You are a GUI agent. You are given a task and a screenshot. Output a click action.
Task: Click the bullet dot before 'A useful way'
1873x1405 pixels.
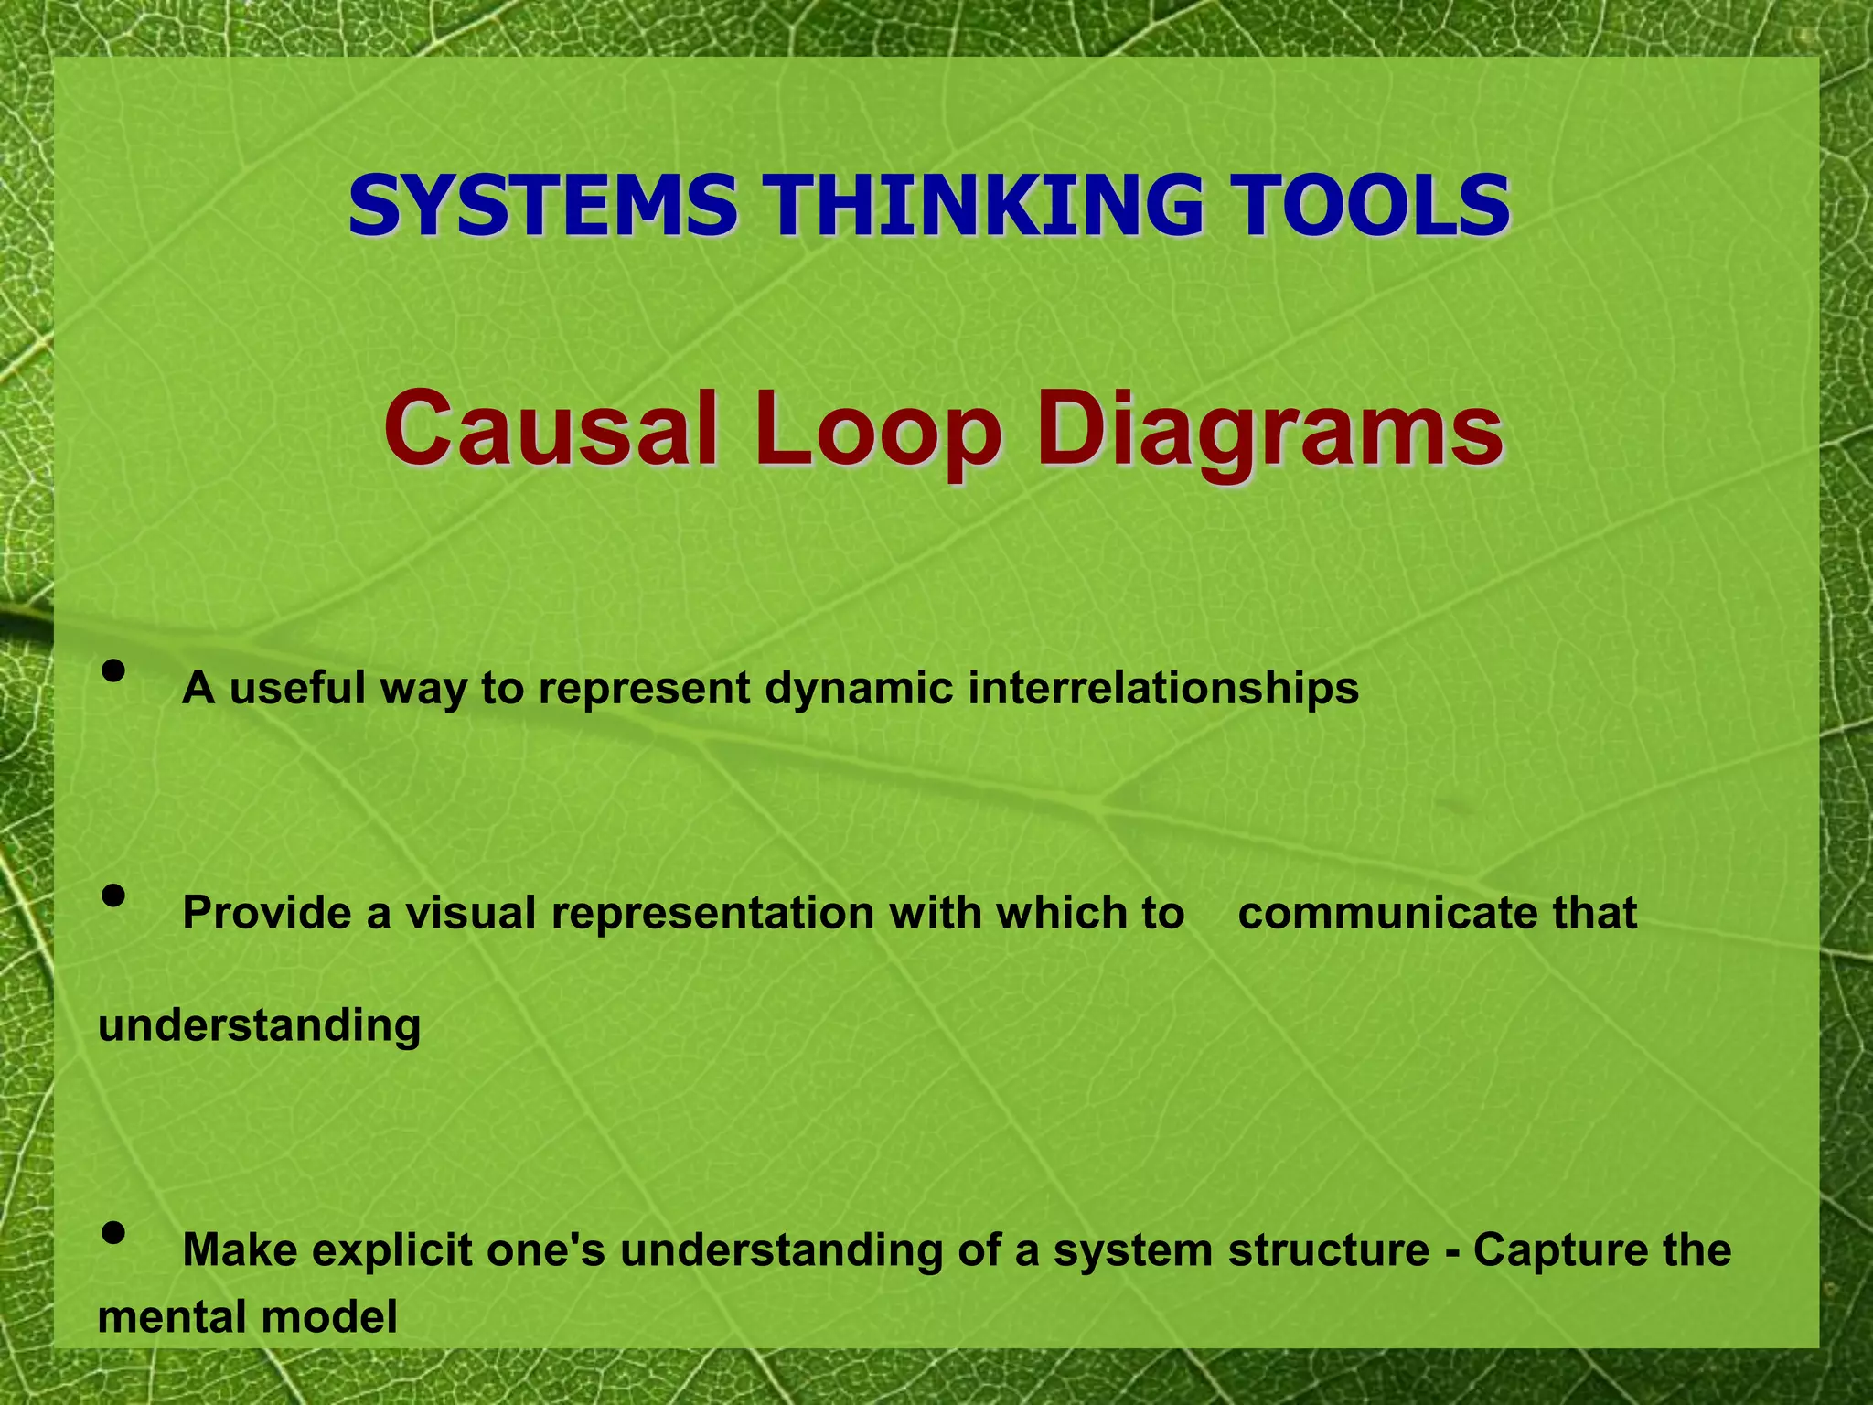pyautogui.click(x=113, y=672)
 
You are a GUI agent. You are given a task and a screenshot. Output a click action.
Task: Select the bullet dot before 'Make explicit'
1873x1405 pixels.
pyautogui.click(x=113, y=1234)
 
